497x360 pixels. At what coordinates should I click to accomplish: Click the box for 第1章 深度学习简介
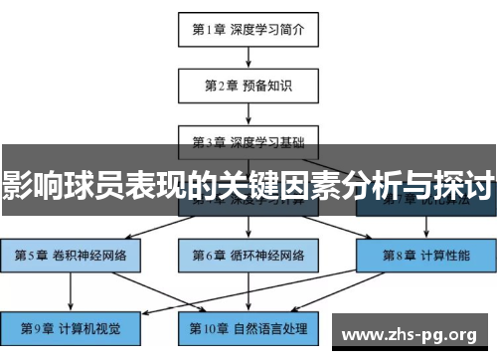coord(248,29)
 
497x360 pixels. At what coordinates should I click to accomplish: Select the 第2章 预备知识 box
coord(248,85)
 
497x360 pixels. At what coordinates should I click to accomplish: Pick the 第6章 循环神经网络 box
coord(248,255)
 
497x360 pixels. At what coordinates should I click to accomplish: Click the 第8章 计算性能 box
coord(424,255)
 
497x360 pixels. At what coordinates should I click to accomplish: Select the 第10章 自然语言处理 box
coord(248,326)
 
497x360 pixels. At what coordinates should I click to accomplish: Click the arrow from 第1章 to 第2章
coord(248,57)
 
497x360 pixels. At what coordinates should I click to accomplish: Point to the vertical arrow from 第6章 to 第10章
coord(248,290)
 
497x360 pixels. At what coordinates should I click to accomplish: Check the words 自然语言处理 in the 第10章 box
coord(270,326)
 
